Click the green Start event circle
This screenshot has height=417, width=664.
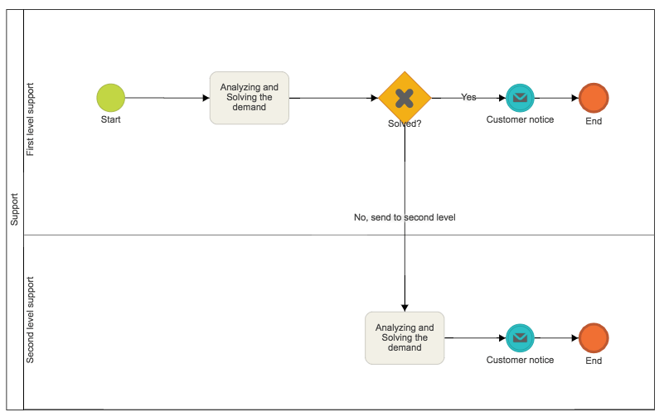(x=110, y=98)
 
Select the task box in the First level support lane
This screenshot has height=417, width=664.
(x=249, y=98)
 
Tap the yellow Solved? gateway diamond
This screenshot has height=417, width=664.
(x=405, y=98)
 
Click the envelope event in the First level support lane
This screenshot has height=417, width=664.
(x=520, y=98)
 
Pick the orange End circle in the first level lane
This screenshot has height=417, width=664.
(x=594, y=98)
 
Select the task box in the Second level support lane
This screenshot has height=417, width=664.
(x=405, y=337)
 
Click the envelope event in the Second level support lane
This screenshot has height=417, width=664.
(x=520, y=337)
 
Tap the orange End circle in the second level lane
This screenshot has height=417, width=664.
(x=594, y=337)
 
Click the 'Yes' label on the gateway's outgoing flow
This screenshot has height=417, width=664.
(x=468, y=97)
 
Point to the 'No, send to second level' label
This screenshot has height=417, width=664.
(x=405, y=217)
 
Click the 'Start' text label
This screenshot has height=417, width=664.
(x=110, y=119)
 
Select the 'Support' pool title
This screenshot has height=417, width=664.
(x=14, y=210)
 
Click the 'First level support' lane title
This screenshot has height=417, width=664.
(x=32, y=119)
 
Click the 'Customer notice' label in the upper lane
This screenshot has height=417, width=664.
(x=520, y=119)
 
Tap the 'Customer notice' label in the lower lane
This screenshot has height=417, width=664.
(x=520, y=360)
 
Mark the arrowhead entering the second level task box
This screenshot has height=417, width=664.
(x=405, y=306)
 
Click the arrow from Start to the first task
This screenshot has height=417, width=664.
(x=166, y=98)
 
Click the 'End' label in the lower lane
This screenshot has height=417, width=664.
(x=594, y=361)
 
